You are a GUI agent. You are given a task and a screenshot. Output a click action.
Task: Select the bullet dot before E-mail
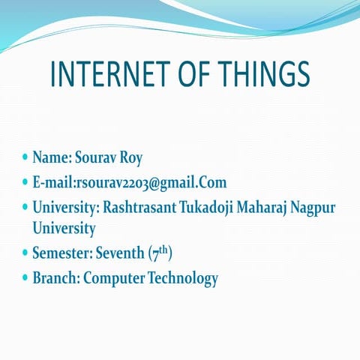(25, 182)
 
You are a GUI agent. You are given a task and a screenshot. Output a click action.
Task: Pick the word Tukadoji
(210, 206)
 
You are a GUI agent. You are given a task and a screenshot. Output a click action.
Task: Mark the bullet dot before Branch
(25, 277)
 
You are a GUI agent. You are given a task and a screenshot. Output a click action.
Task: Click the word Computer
(114, 278)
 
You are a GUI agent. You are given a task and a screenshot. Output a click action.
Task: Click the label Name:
(52, 158)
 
